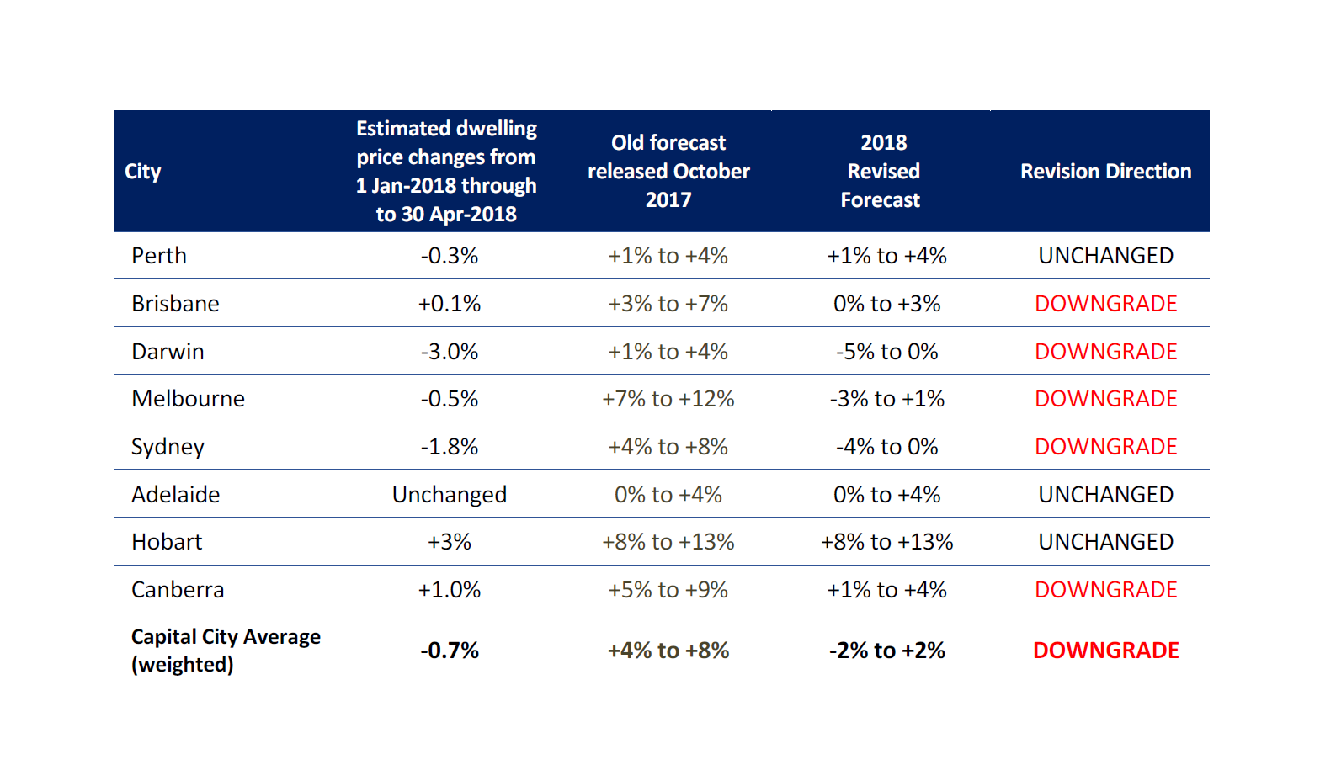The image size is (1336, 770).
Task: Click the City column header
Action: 143,172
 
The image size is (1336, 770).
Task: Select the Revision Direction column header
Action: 1105,172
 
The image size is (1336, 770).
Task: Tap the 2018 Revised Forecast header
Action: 882,172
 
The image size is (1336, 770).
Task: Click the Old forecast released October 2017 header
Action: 668,172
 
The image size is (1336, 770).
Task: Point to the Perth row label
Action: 159,256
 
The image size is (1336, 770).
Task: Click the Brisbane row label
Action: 175,304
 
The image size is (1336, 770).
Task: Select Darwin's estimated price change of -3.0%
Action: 450,352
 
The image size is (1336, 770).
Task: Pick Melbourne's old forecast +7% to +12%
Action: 668,399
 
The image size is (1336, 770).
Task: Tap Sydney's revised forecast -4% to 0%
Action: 886,447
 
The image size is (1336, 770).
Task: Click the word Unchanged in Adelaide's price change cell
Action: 450,495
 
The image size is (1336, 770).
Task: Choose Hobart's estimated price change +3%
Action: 450,542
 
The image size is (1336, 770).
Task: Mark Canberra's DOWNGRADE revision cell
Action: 1105,590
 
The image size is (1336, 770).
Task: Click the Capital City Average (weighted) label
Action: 226,651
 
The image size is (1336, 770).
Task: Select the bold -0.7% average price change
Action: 450,651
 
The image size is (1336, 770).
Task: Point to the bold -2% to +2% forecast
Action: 886,651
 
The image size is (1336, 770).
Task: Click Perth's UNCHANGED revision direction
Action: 1105,256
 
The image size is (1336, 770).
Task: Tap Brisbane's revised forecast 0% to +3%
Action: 886,304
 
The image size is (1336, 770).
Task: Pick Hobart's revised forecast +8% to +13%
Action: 886,542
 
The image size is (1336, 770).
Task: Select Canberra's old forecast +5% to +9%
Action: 668,590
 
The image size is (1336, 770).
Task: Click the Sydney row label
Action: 168,447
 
